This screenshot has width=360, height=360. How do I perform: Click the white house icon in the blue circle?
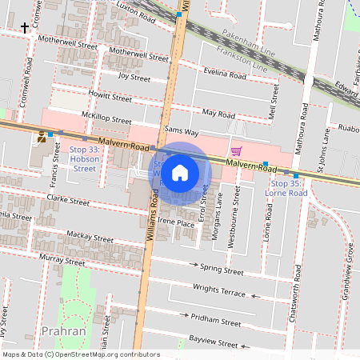[180, 173]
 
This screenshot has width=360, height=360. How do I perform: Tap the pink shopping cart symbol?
[236, 151]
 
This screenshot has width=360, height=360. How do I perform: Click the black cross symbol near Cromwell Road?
[25, 27]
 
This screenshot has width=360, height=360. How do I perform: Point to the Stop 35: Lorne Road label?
[286, 189]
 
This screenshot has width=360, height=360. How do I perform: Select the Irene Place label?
[175, 223]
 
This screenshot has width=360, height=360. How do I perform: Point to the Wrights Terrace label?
[218, 289]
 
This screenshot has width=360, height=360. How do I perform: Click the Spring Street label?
[222, 268]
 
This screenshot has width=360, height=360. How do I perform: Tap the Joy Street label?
[134, 78]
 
